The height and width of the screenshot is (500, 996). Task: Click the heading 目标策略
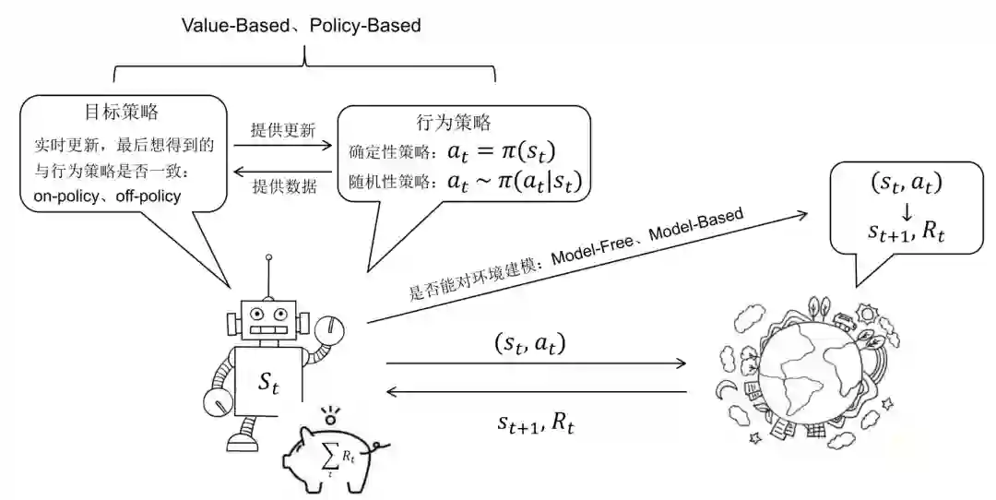pyautogui.click(x=122, y=113)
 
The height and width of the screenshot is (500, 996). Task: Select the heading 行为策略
pyautogui.click(x=454, y=122)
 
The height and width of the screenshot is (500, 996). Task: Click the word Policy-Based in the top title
pyautogui.click(x=365, y=25)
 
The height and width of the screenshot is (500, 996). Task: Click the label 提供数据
pyautogui.click(x=284, y=186)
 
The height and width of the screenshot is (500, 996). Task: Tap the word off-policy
pyautogui.click(x=148, y=196)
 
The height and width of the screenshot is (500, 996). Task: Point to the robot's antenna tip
pyautogui.click(x=268, y=259)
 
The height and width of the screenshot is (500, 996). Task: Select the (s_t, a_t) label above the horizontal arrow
pyautogui.click(x=529, y=344)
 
